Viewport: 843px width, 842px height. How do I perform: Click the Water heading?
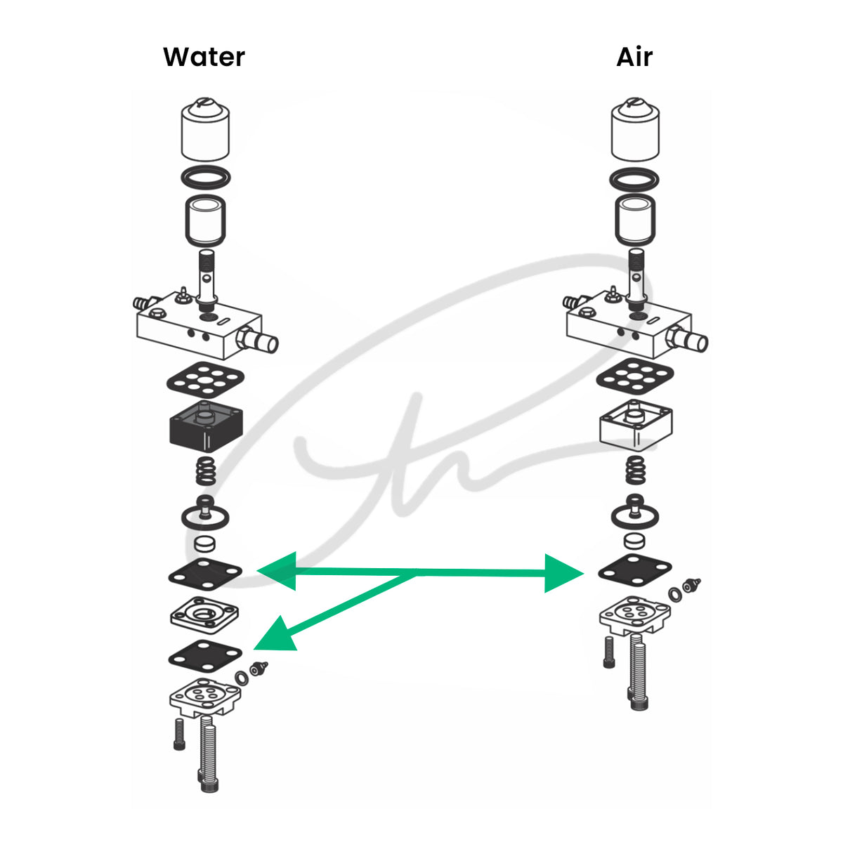coord(204,57)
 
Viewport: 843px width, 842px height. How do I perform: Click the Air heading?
coord(634,57)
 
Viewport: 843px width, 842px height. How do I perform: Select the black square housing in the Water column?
coord(206,426)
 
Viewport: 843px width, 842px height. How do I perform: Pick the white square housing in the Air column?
coord(636,425)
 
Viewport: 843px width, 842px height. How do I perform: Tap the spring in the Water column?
coord(206,471)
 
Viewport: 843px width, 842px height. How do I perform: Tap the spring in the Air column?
coord(635,470)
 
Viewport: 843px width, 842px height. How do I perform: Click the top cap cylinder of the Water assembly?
coord(205,129)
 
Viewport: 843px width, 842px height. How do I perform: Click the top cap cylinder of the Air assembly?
coord(635,129)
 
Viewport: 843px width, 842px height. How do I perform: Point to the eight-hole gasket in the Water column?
coord(206,379)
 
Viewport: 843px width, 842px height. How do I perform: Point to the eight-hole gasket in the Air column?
coord(635,376)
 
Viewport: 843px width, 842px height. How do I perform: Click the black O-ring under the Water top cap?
coord(206,178)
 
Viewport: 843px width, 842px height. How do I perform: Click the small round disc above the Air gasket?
coord(634,541)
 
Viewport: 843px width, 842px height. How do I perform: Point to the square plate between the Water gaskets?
coord(204,615)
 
